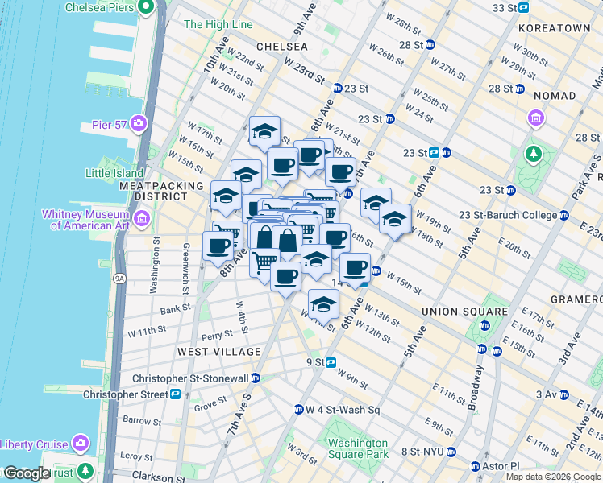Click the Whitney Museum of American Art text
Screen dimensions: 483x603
89,220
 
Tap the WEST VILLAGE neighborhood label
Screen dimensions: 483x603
218,352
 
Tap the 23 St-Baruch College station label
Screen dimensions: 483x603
508,215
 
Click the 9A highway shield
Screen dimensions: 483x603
119,278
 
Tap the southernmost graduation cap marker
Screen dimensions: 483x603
323,304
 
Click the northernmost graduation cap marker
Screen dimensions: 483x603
264,132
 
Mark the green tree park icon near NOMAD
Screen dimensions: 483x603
532,153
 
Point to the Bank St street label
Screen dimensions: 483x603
175,308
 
